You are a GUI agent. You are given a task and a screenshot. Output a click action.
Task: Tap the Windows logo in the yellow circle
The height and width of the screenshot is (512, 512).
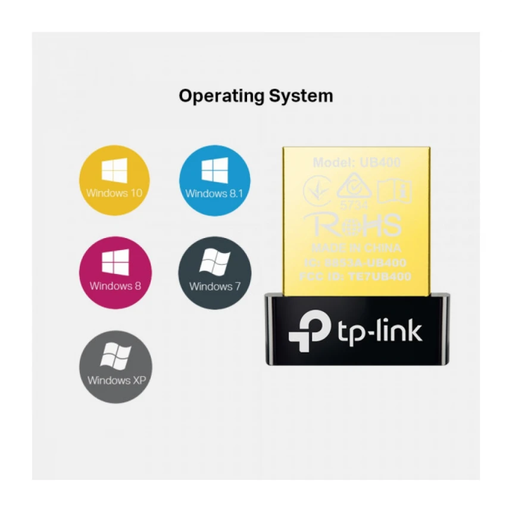click(x=115, y=171)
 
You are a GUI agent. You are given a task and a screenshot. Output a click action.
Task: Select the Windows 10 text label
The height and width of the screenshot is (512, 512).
click(x=115, y=193)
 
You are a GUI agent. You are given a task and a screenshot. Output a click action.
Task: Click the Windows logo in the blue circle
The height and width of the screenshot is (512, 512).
click(x=214, y=171)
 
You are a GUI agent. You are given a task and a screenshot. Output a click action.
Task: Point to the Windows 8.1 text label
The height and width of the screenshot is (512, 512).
click(x=214, y=193)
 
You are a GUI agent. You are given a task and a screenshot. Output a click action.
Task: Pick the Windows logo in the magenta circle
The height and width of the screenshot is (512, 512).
click(x=115, y=263)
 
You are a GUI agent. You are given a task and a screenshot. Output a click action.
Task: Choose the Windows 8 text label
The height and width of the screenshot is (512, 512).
click(x=115, y=286)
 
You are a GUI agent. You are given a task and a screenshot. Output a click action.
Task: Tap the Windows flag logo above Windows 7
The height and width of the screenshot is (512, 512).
click(x=214, y=263)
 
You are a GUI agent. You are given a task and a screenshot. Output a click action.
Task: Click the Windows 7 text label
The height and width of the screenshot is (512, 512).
click(x=214, y=286)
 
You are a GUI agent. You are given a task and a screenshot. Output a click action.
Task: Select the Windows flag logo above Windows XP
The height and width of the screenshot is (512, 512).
click(x=115, y=356)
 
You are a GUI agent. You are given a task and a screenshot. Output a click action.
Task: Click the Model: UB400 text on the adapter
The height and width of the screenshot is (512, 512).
click(x=357, y=162)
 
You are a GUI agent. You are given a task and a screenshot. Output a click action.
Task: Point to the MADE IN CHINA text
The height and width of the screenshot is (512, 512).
click(x=357, y=248)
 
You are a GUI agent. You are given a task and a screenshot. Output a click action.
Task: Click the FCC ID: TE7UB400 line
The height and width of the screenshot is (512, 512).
click(x=356, y=276)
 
